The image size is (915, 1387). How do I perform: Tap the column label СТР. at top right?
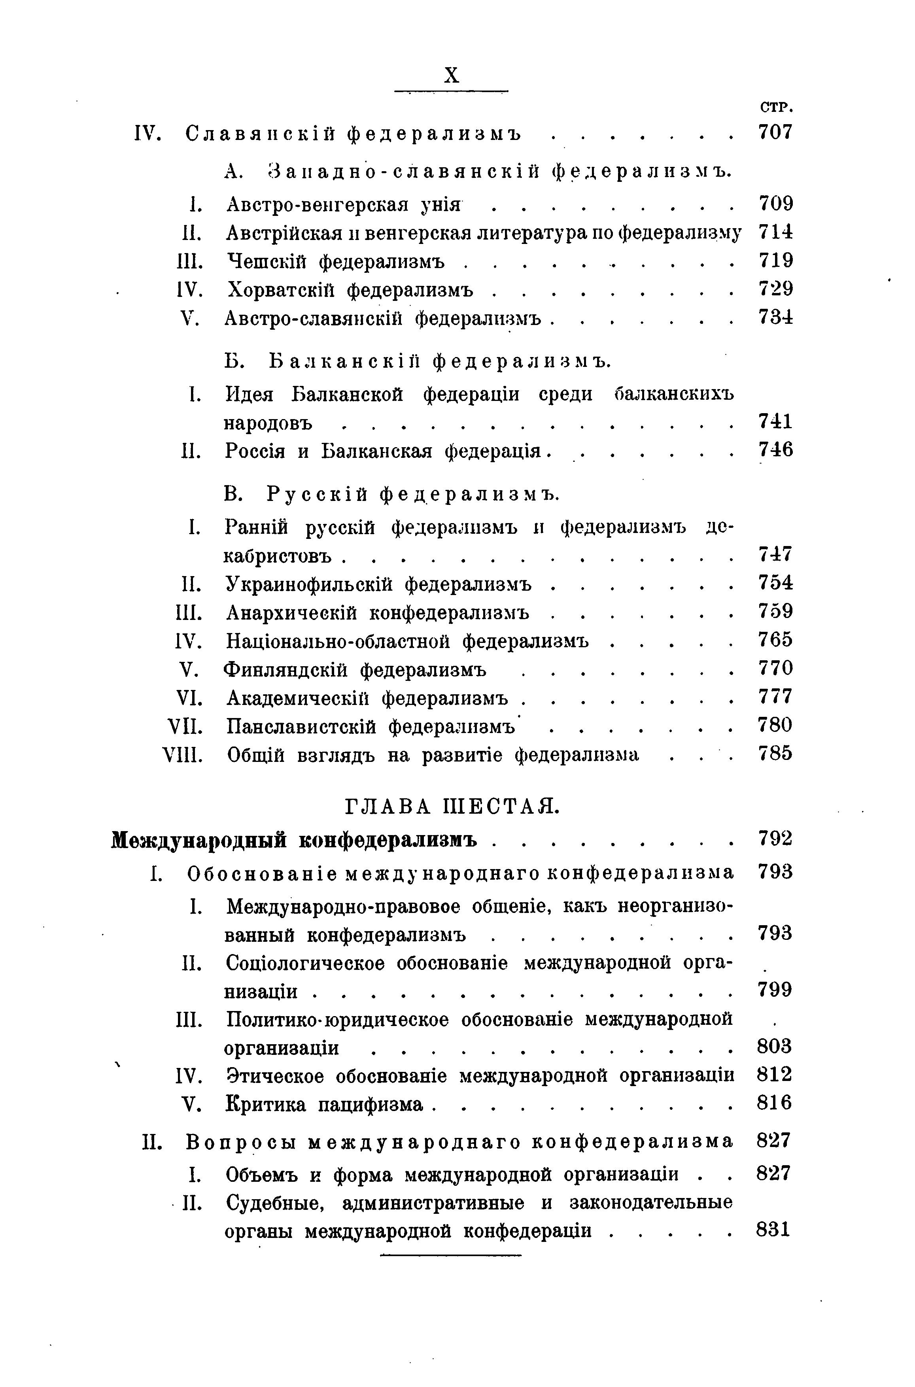tap(775, 108)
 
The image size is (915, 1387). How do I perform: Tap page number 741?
tap(775, 421)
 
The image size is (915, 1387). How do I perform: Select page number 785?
tap(775, 754)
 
